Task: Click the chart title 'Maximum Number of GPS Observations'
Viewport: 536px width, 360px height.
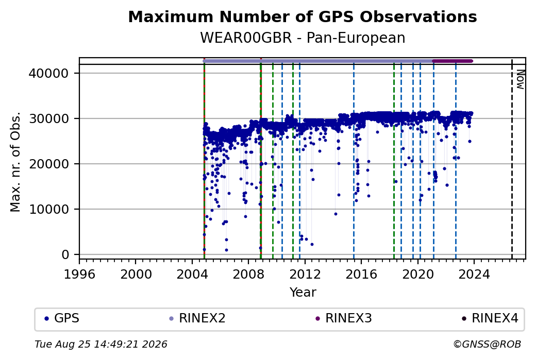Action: coord(303,16)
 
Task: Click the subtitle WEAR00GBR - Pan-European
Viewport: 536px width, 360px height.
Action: coord(303,38)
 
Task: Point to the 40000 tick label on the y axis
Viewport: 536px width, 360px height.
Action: coord(49,74)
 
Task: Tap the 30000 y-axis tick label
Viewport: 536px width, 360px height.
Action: coord(49,119)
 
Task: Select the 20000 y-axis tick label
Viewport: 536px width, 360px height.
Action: coord(49,164)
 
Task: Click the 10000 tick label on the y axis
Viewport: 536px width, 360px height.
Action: coord(49,210)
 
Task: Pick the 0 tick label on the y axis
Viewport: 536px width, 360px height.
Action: coord(65,255)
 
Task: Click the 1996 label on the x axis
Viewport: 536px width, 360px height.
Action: coord(79,275)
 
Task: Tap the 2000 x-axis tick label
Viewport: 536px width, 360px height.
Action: coord(136,275)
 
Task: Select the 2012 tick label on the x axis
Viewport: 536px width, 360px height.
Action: coord(305,275)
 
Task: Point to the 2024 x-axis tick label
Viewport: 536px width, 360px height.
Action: coord(474,275)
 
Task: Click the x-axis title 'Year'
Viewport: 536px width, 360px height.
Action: coord(303,293)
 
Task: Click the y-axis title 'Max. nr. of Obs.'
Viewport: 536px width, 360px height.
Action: coord(15,162)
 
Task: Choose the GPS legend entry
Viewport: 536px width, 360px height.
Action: coord(62,318)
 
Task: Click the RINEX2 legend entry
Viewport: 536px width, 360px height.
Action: coord(197,318)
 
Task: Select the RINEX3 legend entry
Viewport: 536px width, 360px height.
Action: coord(344,318)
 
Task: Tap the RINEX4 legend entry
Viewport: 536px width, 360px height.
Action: coord(490,318)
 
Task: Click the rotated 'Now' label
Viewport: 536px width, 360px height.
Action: coord(520,79)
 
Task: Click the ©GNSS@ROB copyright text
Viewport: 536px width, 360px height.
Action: coord(487,344)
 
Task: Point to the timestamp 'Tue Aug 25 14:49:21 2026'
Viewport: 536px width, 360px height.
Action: coord(101,344)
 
